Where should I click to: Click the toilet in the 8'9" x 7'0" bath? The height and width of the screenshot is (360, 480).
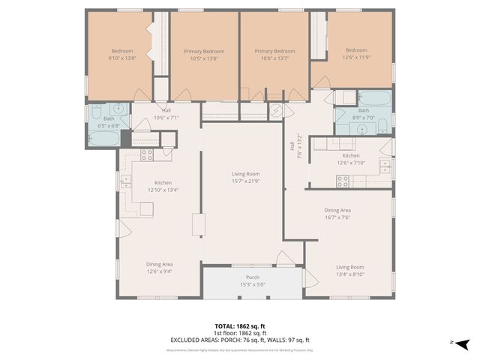click(381, 124)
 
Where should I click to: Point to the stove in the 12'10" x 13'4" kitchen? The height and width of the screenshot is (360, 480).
click(147, 155)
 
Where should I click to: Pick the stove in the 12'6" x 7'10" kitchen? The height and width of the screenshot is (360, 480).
click(342, 180)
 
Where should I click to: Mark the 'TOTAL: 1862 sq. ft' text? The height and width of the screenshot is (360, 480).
click(242, 326)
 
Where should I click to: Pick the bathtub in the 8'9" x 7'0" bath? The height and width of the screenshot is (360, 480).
click(374, 99)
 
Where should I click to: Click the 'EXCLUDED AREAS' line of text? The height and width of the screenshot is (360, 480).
click(242, 340)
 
